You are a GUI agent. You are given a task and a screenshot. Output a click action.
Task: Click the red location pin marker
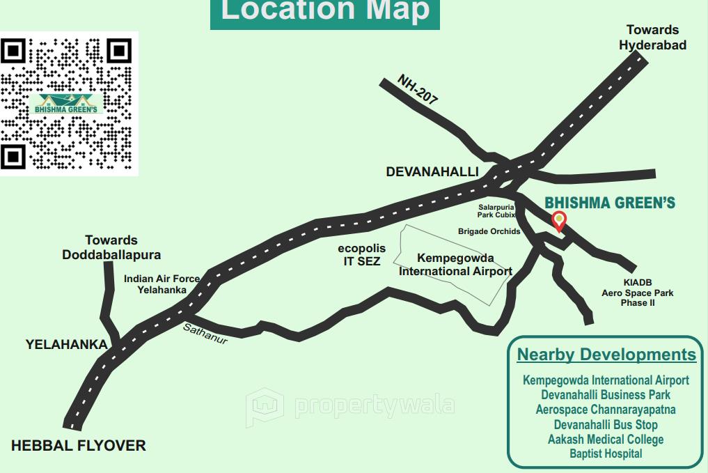pyautogui.click(x=558, y=221)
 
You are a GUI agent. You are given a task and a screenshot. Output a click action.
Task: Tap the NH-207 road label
pyautogui.click(x=418, y=90)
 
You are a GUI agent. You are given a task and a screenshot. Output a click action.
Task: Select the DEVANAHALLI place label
pyautogui.click(x=432, y=172)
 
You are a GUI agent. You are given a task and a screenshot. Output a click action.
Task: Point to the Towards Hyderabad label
pyautogui.click(x=652, y=38)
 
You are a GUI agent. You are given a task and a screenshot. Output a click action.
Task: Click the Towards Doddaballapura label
pyautogui.click(x=111, y=247)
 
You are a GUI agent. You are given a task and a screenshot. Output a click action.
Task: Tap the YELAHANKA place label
pyautogui.click(x=67, y=344)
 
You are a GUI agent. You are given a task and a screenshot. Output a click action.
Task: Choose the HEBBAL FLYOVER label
pyautogui.click(x=79, y=446)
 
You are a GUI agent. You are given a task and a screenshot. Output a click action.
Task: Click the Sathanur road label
pyautogui.click(x=205, y=334)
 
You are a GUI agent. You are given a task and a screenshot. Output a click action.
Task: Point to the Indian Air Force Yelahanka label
pyautogui.click(x=162, y=284)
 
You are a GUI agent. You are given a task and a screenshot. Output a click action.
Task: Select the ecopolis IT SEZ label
pyautogui.click(x=362, y=255)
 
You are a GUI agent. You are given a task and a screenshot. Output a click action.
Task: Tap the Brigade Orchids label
pyautogui.click(x=489, y=231)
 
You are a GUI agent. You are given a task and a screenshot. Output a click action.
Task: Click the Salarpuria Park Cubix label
pyautogui.click(x=496, y=211)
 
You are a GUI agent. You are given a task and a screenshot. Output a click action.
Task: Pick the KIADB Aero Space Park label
pyautogui.click(x=638, y=293)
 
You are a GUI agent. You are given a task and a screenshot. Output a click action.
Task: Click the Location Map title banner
pyautogui.click(x=325, y=12)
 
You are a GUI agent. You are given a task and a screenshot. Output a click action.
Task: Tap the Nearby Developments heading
pyautogui.click(x=606, y=355)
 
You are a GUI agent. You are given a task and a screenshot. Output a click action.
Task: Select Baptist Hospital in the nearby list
pyautogui.click(x=606, y=453)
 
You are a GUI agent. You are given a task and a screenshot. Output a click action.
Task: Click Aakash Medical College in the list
pyautogui.click(x=606, y=439)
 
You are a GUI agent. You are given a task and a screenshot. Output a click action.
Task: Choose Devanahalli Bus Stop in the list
pyautogui.click(x=606, y=424)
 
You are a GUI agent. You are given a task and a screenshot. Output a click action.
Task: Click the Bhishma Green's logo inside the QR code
pyautogui.click(x=69, y=104)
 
